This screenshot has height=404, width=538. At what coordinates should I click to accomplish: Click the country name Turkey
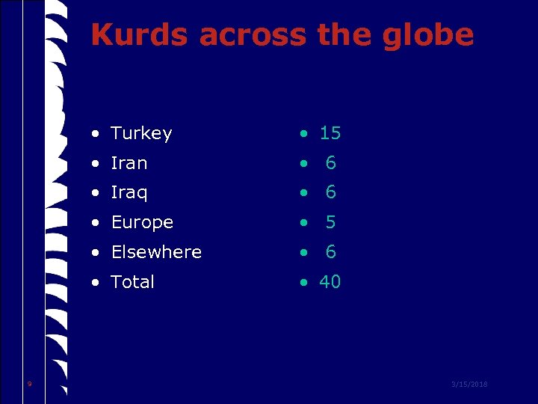click(x=141, y=133)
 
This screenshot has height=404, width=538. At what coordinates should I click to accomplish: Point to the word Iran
click(x=129, y=163)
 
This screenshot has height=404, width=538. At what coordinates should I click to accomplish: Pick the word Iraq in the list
click(x=129, y=193)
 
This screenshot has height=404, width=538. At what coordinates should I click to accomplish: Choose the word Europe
click(x=142, y=222)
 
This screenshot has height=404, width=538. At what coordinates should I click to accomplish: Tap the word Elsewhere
click(x=156, y=252)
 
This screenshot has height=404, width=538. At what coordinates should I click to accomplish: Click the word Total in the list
click(x=132, y=282)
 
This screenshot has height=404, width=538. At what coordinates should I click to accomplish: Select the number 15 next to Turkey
click(x=330, y=133)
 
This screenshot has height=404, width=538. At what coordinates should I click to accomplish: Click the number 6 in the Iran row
click(x=331, y=163)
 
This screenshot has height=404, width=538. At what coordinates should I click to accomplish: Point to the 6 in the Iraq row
click(x=331, y=193)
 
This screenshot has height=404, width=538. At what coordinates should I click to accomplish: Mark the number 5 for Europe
click(x=331, y=222)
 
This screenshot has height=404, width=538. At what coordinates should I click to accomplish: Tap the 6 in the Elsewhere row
click(x=331, y=252)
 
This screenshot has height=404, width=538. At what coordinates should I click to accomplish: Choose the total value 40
click(x=330, y=282)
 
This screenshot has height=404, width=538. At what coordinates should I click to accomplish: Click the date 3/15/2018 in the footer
click(x=469, y=385)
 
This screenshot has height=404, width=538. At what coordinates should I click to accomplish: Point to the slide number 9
click(x=29, y=384)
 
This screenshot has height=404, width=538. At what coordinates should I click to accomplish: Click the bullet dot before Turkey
click(x=96, y=135)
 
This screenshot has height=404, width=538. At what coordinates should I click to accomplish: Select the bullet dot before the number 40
click(x=303, y=284)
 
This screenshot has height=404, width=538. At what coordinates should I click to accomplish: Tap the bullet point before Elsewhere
click(x=96, y=254)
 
